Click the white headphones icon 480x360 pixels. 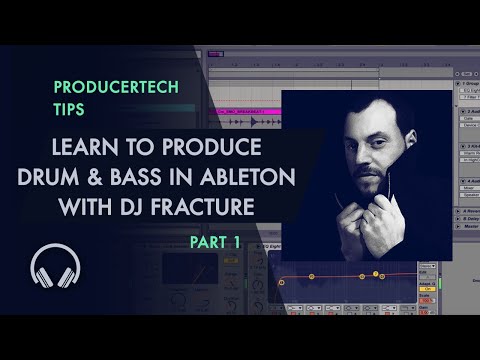pyautogui.click(x=54, y=267)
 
